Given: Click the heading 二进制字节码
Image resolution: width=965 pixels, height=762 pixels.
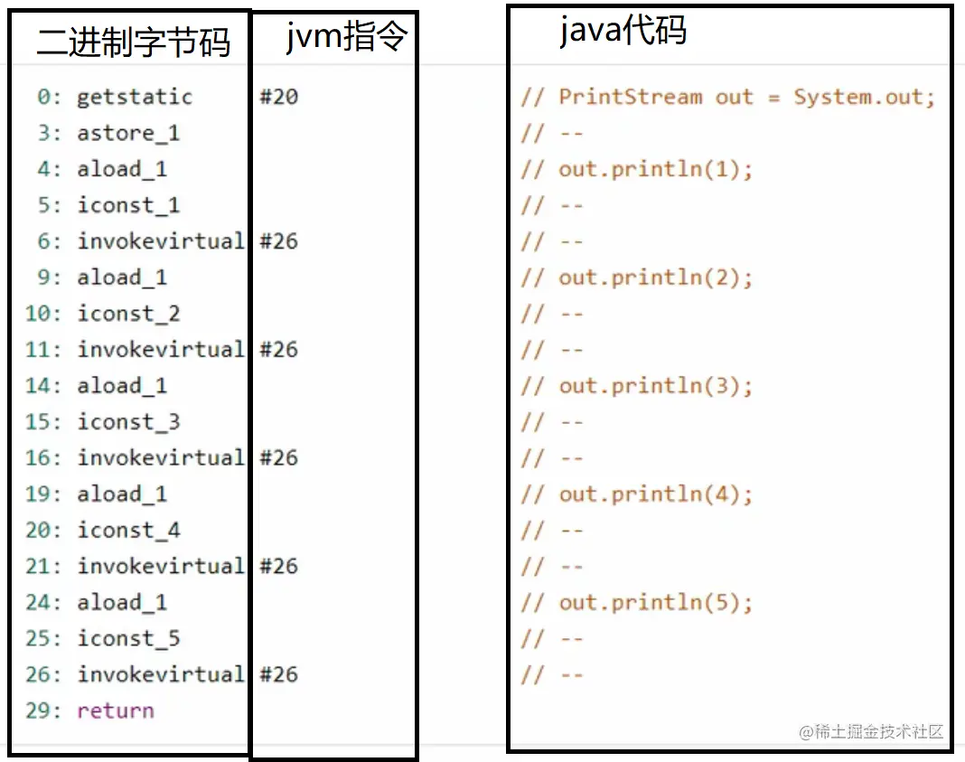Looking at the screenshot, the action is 133,42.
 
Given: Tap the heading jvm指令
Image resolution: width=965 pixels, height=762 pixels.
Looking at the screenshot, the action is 346,35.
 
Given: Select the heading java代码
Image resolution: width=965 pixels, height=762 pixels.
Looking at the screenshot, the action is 623,30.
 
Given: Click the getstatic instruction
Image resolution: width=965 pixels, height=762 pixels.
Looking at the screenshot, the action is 135,97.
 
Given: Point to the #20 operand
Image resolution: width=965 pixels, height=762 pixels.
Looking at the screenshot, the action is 279,97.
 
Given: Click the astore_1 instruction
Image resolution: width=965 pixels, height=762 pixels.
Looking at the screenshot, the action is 128,133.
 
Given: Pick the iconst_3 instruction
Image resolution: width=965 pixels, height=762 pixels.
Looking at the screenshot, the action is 128,421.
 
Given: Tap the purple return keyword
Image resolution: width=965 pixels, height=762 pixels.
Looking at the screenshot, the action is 116,710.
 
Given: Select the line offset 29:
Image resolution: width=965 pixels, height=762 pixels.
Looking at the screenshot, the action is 43,710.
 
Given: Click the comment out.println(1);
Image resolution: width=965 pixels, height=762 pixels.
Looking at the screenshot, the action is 655,169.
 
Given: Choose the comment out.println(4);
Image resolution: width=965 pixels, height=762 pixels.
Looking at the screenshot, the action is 655,494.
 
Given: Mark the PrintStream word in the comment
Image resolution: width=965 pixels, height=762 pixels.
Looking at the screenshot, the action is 631,97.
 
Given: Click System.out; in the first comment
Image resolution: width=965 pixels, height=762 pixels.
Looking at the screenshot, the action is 864,97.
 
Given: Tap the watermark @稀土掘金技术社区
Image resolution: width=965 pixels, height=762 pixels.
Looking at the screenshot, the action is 871,731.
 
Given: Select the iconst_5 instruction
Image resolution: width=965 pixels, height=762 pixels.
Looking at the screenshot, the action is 128,638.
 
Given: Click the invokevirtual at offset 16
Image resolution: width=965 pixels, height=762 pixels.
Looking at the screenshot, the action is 161,457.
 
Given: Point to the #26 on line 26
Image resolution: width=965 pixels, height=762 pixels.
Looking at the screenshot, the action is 279,674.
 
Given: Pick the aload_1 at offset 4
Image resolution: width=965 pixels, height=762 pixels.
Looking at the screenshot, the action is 122,169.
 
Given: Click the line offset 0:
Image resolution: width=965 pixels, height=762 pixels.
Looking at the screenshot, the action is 49,97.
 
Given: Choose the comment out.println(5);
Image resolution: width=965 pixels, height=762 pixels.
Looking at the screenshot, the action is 655,603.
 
